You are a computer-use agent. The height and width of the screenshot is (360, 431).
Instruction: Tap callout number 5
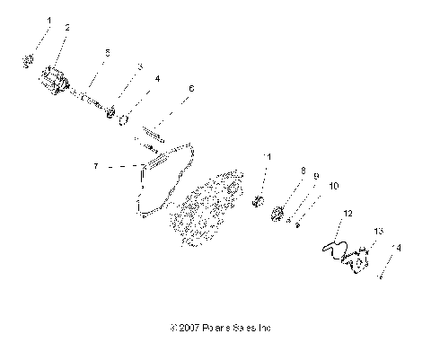pyautogui.click(x=107, y=52)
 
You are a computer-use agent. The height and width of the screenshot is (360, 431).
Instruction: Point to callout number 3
pyautogui.click(x=139, y=66)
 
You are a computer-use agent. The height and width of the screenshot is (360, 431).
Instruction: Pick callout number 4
pyautogui.click(x=157, y=79)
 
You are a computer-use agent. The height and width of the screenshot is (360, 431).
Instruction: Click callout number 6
pyautogui.click(x=190, y=89)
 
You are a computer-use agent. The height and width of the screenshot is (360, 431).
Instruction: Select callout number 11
pyautogui.click(x=265, y=157)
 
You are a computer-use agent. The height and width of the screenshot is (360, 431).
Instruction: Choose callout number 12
pyautogui.click(x=347, y=215)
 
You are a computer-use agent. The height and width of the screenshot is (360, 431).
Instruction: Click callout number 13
pyautogui.click(x=379, y=231)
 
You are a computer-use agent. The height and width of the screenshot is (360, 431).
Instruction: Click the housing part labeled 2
pyautogui.click(x=56, y=75)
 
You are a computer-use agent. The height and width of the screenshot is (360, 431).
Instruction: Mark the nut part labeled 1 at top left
pyautogui.click(x=28, y=60)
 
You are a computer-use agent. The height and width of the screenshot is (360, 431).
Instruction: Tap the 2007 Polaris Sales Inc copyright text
pyautogui.click(x=215, y=329)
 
